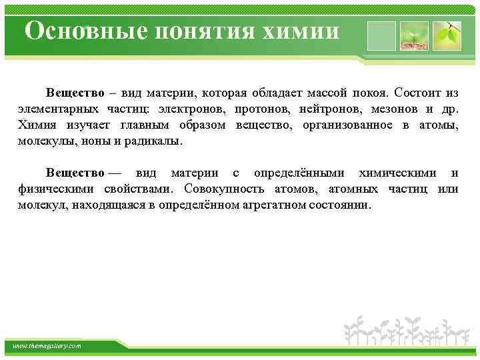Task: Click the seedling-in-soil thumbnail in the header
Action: point(413,35)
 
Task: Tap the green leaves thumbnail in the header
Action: point(446,35)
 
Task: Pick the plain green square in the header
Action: point(380,35)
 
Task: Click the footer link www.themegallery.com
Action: point(47,345)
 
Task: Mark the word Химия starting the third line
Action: point(36,125)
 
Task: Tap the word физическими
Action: point(55,189)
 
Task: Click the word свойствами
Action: point(139,189)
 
